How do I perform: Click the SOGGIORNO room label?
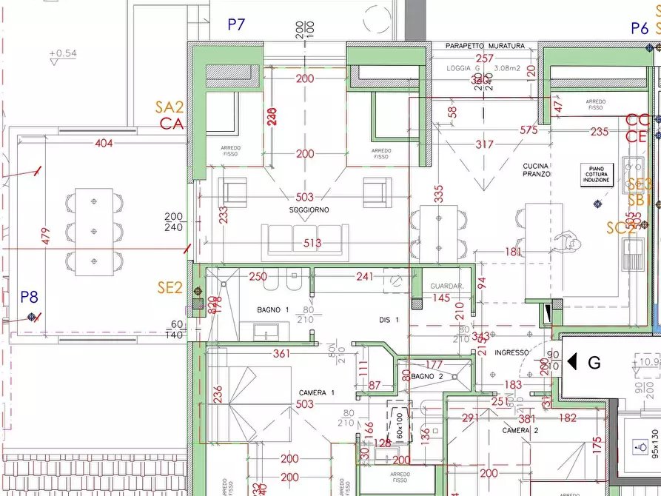[x=309, y=210]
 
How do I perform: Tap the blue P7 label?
[x=235, y=24]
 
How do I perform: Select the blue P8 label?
[x=29, y=297]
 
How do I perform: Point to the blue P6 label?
[x=640, y=28]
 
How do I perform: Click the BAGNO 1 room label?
[x=273, y=309]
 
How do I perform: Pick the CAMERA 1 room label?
[x=317, y=392]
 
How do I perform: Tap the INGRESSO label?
[x=511, y=352]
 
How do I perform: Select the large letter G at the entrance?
[x=594, y=362]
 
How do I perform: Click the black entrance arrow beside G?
[x=571, y=362]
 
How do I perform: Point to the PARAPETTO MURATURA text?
[x=485, y=46]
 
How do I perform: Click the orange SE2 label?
[x=170, y=288]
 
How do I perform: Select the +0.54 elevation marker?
[x=62, y=53]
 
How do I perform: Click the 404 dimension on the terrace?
[x=104, y=143]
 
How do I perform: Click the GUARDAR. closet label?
[x=447, y=286]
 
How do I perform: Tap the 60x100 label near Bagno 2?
[x=400, y=423]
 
